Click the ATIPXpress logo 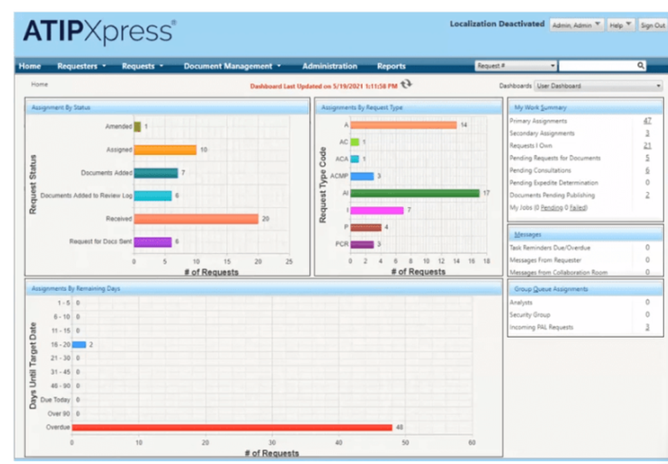pos(100,31)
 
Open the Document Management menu pos(232,66)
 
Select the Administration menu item pos(329,66)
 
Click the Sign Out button pos(653,25)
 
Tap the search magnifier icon pos(641,65)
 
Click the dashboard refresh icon pos(407,84)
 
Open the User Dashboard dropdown pos(598,86)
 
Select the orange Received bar pos(196,219)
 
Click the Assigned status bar pos(165,150)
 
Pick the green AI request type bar pos(415,193)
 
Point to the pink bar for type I pos(377,210)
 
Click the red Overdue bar pos(232,427)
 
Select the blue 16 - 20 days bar pos(79,344)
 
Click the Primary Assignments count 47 pos(647,121)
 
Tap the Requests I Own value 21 pos(647,146)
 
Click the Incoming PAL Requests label pos(541,327)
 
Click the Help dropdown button pos(621,25)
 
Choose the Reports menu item pos(391,66)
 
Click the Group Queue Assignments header pos(551,289)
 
